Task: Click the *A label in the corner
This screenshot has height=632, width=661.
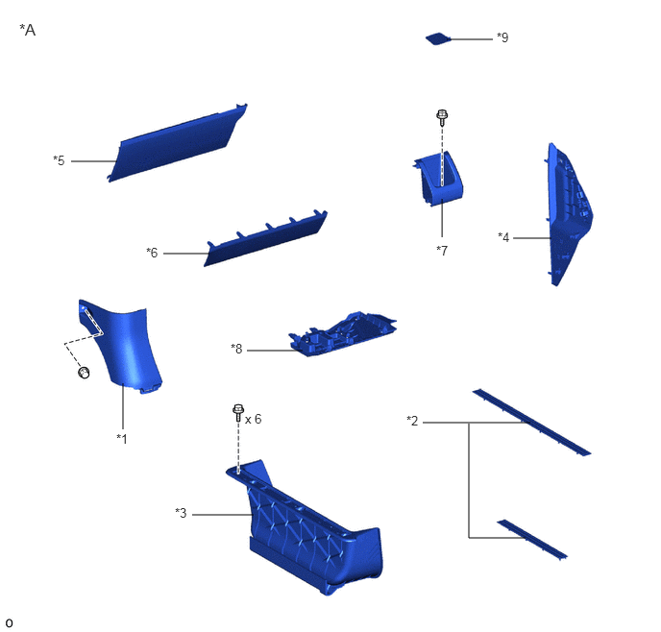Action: (x=28, y=30)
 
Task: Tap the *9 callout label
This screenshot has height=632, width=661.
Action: (x=502, y=37)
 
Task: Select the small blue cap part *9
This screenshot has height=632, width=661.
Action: (x=438, y=38)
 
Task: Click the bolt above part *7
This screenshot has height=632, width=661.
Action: (x=442, y=117)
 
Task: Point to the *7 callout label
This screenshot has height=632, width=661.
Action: (x=442, y=251)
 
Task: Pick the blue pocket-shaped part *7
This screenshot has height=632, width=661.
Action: (x=438, y=179)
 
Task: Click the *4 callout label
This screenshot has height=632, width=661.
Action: (x=503, y=237)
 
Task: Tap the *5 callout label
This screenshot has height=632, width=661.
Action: (x=59, y=160)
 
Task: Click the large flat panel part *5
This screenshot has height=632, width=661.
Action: (x=177, y=143)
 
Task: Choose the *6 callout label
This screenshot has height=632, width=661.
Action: (x=152, y=253)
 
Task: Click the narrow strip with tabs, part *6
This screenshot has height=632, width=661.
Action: (x=265, y=238)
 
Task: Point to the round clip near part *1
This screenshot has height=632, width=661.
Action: (x=84, y=373)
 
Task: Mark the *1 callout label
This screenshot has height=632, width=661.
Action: (x=122, y=439)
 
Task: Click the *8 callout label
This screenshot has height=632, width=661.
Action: (x=236, y=349)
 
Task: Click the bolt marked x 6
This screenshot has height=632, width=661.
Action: (x=238, y=413)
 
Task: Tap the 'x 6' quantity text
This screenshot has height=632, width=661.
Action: (x=253, y=419)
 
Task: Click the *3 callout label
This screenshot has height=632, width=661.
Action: (x=181, y=513)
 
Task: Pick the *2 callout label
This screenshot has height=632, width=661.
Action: (x=412, y=421)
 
